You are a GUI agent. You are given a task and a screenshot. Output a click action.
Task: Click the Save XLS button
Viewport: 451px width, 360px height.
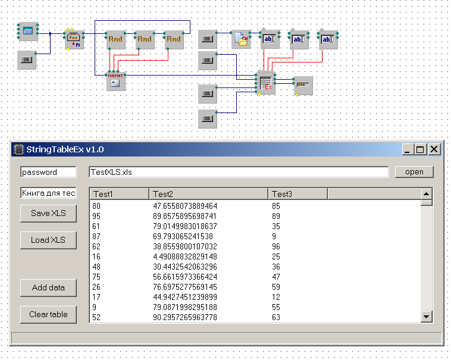(48, 214)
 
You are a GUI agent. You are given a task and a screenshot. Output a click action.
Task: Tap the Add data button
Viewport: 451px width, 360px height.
(48, 287)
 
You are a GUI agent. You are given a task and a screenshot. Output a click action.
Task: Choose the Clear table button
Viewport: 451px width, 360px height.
(48, 314)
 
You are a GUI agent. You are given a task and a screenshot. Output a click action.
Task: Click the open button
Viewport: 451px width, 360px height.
(414, 172)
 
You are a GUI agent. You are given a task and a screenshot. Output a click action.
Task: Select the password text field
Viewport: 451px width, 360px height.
(48, 172)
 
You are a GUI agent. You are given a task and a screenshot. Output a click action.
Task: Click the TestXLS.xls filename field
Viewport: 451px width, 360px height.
(239, 172)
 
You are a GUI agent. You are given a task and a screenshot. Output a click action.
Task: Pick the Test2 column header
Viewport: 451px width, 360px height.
(208, 194)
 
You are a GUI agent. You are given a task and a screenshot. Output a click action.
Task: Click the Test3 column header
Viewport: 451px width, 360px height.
(297, 194)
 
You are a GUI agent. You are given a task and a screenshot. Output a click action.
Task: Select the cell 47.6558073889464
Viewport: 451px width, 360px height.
(185, 206)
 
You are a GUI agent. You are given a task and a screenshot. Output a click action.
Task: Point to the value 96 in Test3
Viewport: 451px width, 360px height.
(276, 247)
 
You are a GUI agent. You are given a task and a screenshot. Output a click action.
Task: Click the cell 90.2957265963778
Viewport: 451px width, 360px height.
(185, 317)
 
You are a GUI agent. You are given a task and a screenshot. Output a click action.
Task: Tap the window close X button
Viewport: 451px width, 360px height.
(434, 149)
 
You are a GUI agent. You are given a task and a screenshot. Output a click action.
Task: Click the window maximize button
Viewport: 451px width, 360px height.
(420, 149)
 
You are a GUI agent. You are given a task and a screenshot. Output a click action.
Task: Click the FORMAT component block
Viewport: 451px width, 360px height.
(115, 81)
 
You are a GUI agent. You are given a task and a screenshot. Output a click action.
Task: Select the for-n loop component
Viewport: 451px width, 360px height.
(74, 40)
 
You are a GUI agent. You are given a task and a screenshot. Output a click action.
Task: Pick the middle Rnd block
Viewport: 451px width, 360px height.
(145, 40)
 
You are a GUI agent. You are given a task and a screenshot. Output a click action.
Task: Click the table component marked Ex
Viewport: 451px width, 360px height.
(266, 83)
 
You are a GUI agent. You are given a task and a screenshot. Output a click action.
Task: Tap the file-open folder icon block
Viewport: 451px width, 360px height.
(241, 39)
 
